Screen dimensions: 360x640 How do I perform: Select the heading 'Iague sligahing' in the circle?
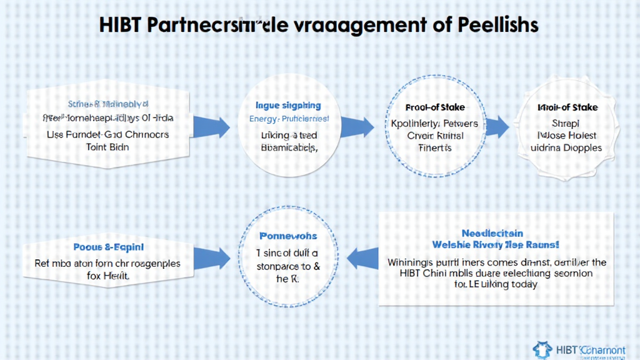[x=289, y=106]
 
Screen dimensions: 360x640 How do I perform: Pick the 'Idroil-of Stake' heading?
[x=567, y=107]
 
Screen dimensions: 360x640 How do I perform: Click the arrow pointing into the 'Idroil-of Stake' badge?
[x=497, y=127]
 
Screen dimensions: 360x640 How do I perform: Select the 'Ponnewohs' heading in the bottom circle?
[x=288, y=236]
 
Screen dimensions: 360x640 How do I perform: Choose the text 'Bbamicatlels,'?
[x=289, y=147]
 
